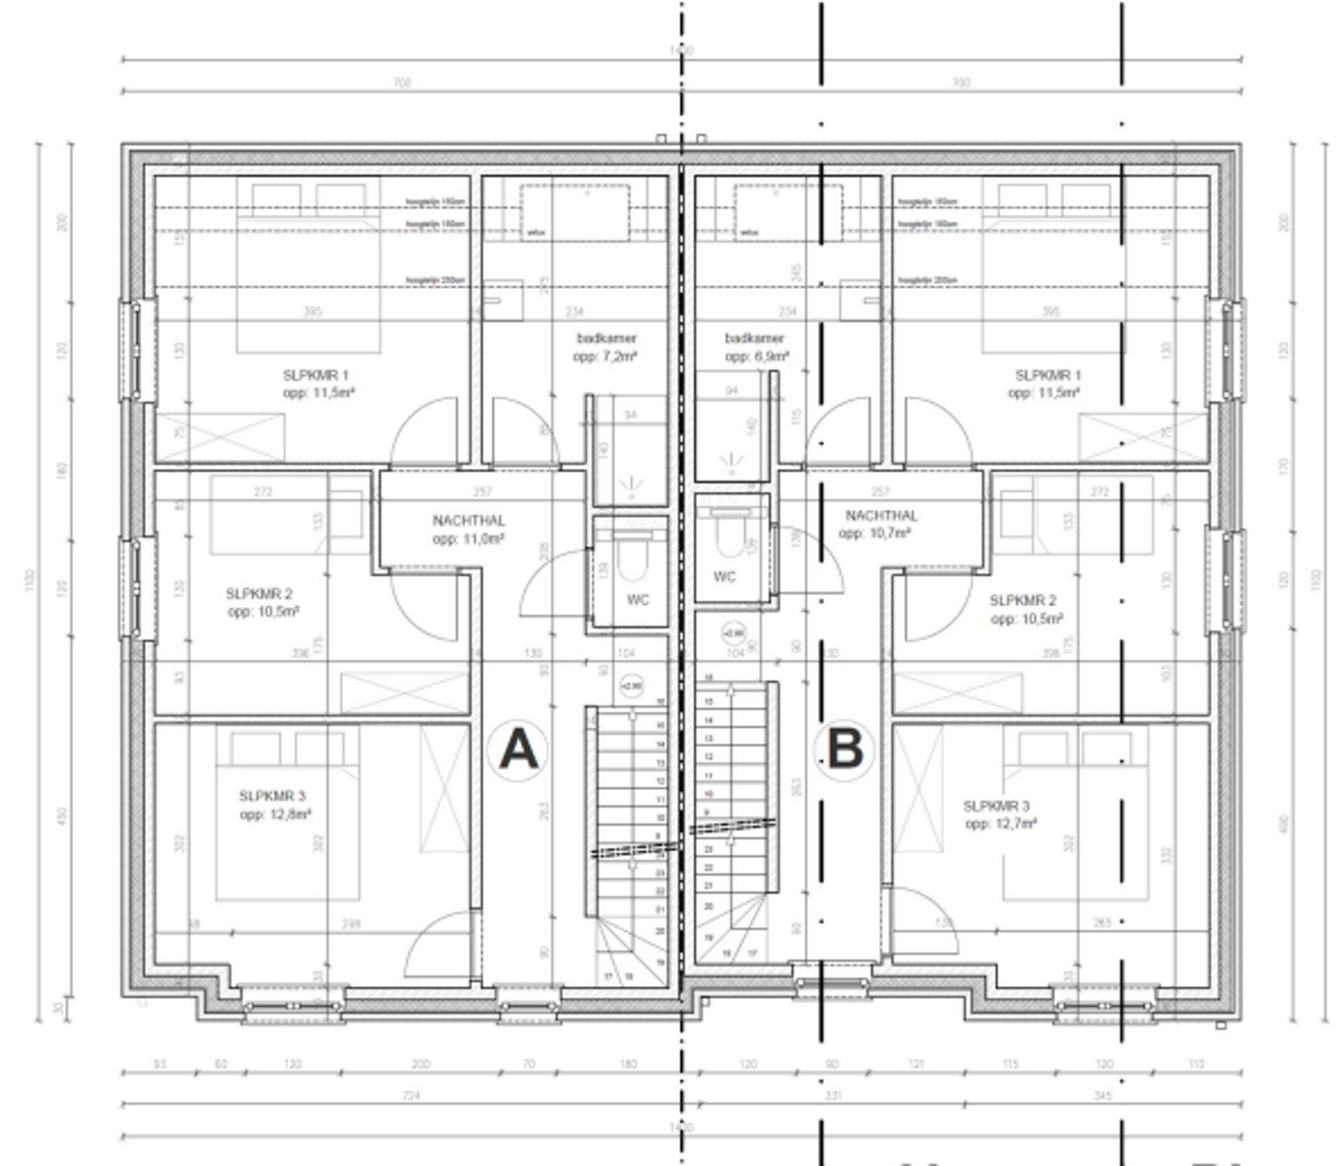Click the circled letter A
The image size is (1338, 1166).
point(518,749)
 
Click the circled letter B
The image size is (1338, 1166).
point(843,749)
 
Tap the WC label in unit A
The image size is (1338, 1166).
point(637,600)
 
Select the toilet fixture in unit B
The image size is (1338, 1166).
point(727,530)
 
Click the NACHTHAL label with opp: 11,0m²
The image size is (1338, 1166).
point(468,521)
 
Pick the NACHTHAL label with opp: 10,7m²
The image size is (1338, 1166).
point(880,516)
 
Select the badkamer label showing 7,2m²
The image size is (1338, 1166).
point(606,339)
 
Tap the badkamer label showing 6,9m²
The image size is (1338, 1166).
point(754,339)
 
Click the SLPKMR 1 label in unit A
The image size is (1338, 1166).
point(316,375)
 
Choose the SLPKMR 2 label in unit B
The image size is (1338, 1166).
point(1022,600)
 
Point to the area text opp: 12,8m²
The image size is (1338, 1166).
point(275,814)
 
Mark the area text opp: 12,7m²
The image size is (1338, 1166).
point(1001,824)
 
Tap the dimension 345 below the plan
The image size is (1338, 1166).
point(1103,1097)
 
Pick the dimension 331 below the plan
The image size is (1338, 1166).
point(833,1097)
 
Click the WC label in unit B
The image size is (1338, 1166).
point(725,577)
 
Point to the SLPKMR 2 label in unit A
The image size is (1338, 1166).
point(258,594)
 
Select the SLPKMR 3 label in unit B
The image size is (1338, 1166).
point(996,806)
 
